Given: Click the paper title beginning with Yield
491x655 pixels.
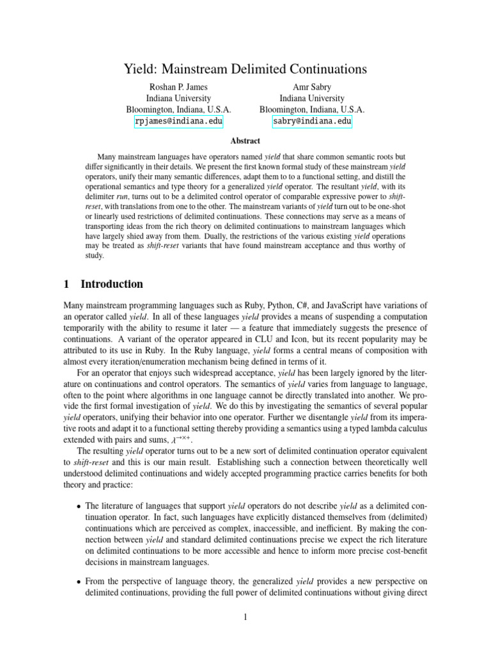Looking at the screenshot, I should tap(245, 69).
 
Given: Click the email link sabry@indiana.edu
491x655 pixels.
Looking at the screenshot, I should tap(312, 122).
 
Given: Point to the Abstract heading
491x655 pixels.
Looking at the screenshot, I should tap(245, 141).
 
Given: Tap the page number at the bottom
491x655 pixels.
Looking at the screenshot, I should tap(245, 617).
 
